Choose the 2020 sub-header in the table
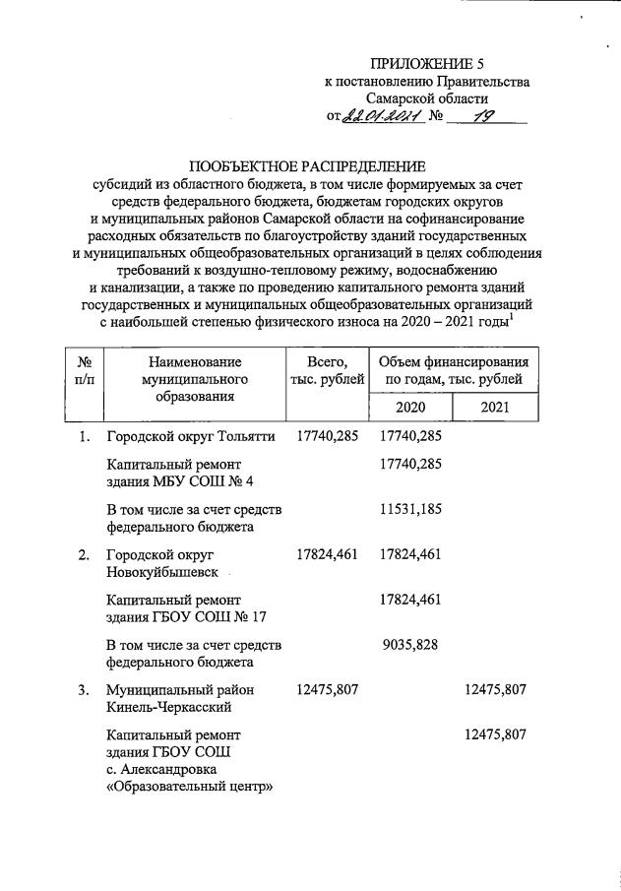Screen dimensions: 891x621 click(x=409, y=408)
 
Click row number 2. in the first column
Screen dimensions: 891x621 click(x=84, y=555)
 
